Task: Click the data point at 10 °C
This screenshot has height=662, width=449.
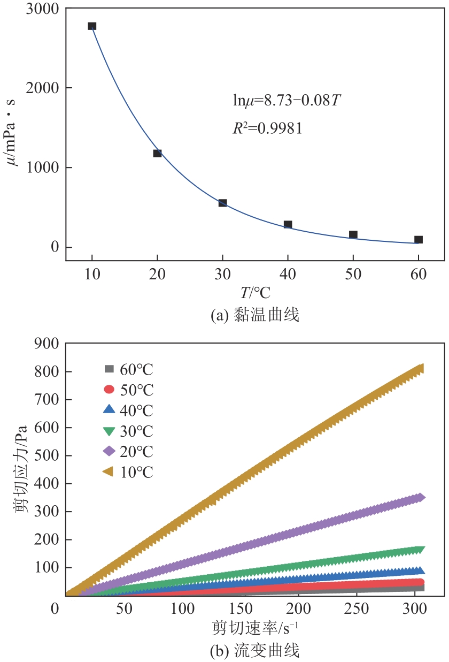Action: click(x=92, y=26)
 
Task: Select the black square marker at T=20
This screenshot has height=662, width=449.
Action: click(x=157, y=153)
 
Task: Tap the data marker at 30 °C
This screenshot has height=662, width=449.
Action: click(x=222, y=203)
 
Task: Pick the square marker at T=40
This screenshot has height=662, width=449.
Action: click(x=288, y=225)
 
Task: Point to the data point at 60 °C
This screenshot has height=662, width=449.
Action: click(x=419, y=240)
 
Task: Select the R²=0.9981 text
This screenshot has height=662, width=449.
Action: click(x=268, y=128)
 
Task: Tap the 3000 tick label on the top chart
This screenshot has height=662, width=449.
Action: click(x=43, y=9)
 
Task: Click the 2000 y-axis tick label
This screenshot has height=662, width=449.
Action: click(x=43, y=88)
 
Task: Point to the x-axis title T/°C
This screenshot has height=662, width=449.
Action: click(x=255, y=293)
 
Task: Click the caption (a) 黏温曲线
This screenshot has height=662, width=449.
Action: click(x=255, y=316)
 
